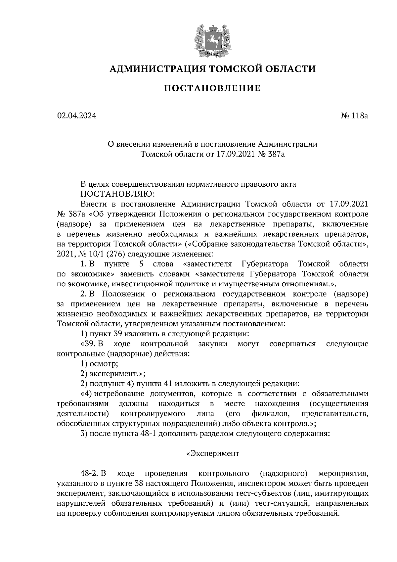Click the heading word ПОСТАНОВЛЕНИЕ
click(x=212, y=88)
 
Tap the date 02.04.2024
click(x=76, y=116)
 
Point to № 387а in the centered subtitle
click(x=271, y=154)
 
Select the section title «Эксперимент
click(x=212, y=453)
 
